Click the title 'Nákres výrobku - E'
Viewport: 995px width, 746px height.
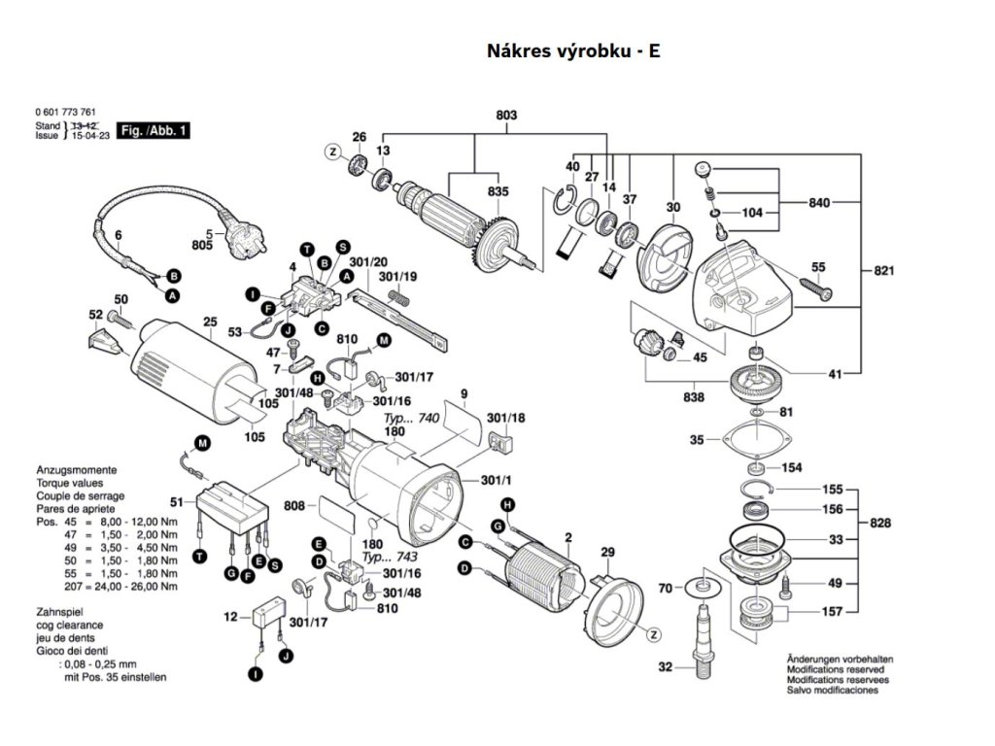point(573,51)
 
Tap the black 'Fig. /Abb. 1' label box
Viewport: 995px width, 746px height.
point(154,129)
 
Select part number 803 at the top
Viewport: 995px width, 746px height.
point(506,116)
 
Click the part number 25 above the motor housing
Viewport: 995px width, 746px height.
point(209,322)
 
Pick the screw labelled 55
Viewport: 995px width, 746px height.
point(813,286)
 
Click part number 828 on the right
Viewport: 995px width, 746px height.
point(880,523)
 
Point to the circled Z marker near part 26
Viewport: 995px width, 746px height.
point(332,152)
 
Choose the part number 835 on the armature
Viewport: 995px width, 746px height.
point(497,192)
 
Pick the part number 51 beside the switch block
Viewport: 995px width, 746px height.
point(176,502)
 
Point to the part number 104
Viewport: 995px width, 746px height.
point(752,211)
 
